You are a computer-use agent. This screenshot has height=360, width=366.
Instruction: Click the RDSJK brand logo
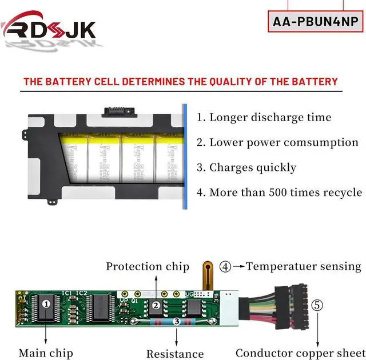[x=50, y=29]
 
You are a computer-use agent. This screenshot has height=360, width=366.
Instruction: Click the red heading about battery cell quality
[x=181, y=81]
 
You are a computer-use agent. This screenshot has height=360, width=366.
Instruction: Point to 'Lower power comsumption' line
[x=277, y=142]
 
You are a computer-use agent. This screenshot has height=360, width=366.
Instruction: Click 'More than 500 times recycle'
[x=279, y=193]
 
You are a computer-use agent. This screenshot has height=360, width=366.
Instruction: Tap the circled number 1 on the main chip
[x=46, y=304]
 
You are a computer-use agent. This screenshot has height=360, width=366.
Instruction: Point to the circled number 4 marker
[x=226, y=266]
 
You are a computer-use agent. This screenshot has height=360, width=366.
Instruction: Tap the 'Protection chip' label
[x=147, y=266]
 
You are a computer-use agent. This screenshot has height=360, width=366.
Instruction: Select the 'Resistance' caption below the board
[x=175, y=354]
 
